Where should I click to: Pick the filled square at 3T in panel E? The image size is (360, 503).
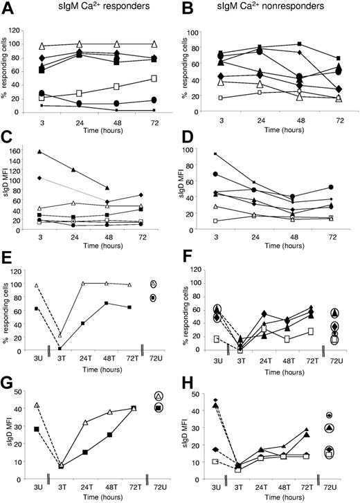pyautogui.click(x=60, y=348)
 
